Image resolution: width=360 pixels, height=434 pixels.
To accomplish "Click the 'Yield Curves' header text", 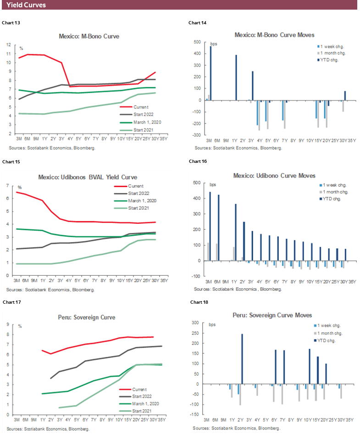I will coord(26,5).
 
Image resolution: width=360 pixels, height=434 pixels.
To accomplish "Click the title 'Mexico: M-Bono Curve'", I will coord(89,36).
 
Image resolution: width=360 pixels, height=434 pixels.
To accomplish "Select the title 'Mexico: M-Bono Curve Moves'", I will coord(274,35).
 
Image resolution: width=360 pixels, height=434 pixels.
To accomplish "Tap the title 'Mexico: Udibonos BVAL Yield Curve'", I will coord(89,177).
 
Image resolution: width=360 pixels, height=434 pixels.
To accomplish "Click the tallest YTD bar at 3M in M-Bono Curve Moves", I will coord(211,73).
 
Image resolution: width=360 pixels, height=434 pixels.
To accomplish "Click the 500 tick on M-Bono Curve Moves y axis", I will coord(198,42).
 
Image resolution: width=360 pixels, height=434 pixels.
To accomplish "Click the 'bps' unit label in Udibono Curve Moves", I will coord(212,184).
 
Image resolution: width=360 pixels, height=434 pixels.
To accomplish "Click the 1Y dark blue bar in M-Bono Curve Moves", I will coord(236,78).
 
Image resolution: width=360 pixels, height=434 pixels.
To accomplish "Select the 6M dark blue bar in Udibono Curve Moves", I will coord(218,228).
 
